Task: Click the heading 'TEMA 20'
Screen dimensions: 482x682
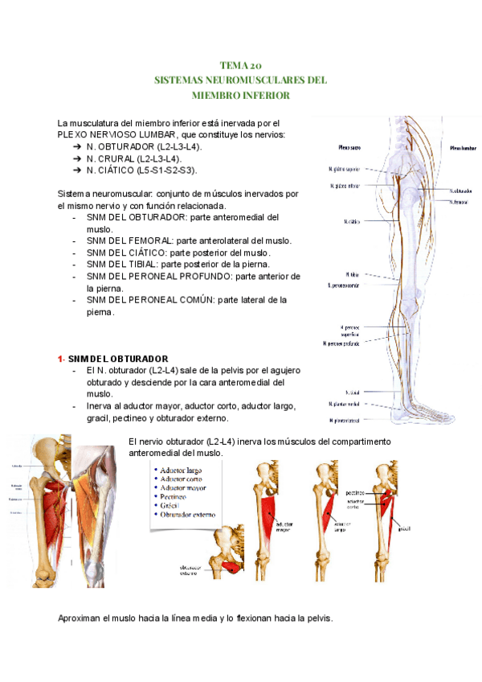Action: (x=240, y=66)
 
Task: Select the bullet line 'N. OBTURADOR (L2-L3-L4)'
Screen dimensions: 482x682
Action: (x=144, y=147)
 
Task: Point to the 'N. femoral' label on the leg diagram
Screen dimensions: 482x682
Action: (x=459, y=202)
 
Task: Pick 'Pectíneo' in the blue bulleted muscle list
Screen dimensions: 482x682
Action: (x=176, y=496)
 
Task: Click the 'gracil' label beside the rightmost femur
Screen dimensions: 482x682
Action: (x=403, y=528)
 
